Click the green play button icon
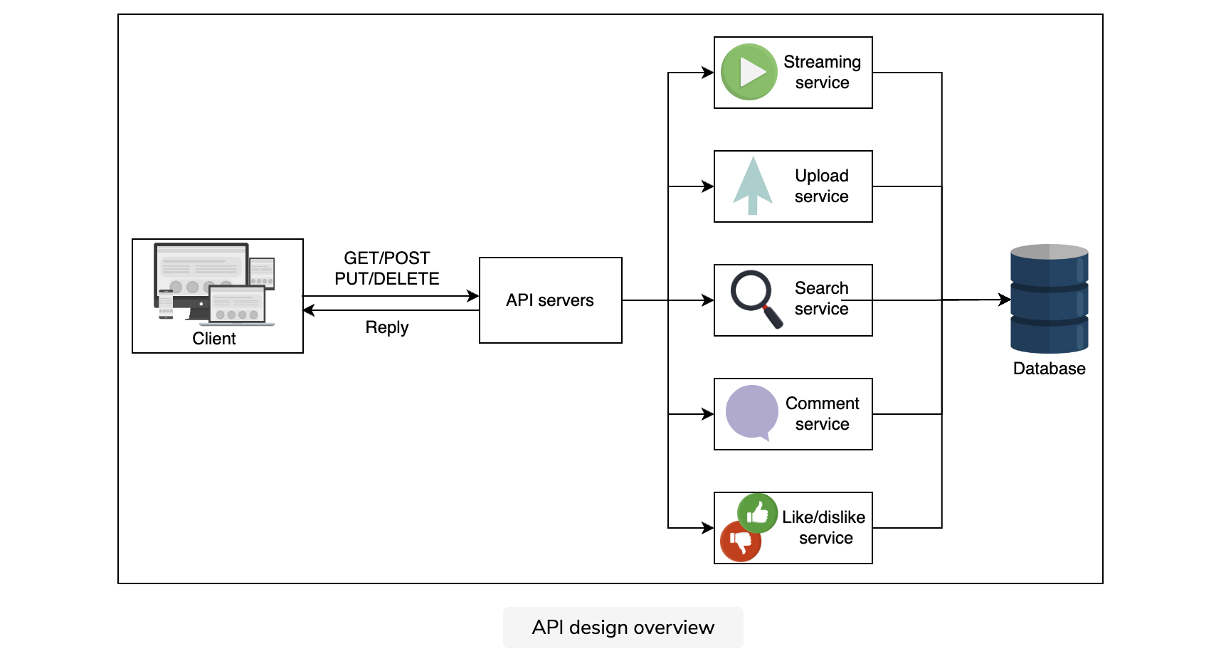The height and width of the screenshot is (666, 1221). tap(749, 72)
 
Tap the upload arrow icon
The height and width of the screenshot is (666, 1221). tap(753, 186)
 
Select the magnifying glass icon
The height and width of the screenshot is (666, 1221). tap(756, 299)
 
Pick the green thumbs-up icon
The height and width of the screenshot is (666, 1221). tap(757, 512)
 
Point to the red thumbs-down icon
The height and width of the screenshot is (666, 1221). tap(741, 541)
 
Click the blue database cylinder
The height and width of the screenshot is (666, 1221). tap(1050, 299)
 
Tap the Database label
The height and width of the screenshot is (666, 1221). tap(1050, 369)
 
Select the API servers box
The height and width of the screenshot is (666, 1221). tap(551, 300)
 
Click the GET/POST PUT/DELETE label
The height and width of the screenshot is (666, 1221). tap(387, 268)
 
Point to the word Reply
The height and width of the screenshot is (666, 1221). tap(387, 327)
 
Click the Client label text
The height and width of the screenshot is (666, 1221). tap(214, 339)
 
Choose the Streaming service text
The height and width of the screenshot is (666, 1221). tap(823, 73)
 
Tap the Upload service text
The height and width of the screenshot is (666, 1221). tap(822, 186)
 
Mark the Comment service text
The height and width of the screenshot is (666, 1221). tap(823, 413)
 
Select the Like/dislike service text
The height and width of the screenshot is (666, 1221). tap(824, 527)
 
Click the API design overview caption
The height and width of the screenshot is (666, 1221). tap(623, 628)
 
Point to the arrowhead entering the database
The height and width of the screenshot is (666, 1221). tap(1005, 300)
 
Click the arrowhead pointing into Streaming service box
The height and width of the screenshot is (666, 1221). tap(708, 73)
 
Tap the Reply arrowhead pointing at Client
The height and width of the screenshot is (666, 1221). tap(309, 310)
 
